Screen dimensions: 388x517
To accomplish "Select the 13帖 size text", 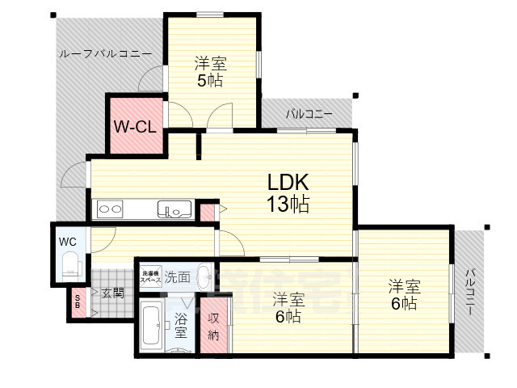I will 288,205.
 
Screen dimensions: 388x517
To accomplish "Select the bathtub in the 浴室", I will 151,327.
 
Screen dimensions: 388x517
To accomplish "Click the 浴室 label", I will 181,327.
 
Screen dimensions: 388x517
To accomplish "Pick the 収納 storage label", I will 213,327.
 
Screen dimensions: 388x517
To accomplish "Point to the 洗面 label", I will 178,277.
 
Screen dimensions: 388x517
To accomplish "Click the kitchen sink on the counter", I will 174,210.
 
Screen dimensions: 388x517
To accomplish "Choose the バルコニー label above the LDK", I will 309,114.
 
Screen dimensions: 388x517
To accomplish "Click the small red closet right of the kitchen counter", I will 208,212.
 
